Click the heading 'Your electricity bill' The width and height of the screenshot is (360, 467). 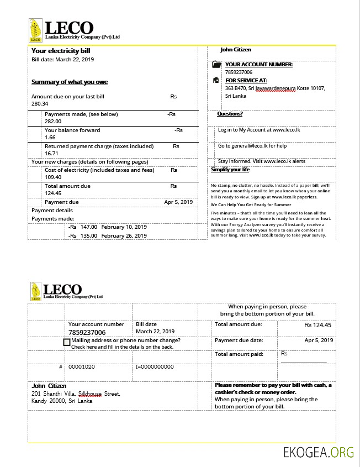click(x=61, y=51)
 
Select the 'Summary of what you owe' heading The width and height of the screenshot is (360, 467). click(x=70, y=82)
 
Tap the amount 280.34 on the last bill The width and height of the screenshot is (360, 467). click(x=40, y=104)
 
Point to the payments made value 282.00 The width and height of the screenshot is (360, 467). click(x=53, y=121)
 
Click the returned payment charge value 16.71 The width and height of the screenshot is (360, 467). click(x=51, y=154)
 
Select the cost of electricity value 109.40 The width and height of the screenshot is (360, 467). click(x=53, y=177)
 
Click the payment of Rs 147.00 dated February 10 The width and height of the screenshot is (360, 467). click(x=107, y=227)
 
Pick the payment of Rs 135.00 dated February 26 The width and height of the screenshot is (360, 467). click(x=107, y=235)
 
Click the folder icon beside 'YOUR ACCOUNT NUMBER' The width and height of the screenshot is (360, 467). click(x=216, y=65)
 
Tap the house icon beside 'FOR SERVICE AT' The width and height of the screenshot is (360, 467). click(x=216, y=80)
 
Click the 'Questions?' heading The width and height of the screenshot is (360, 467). click(x=230, y=114)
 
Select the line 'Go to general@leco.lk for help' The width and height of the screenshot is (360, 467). click(x=252, y=146)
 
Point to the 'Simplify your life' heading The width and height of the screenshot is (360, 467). click(x=230, y=170)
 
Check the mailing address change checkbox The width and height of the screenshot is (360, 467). click(x=67, y=343)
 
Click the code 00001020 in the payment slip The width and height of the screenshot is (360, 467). click(x=82, y=367)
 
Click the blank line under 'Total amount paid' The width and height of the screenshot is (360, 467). click(x=303, y=362)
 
